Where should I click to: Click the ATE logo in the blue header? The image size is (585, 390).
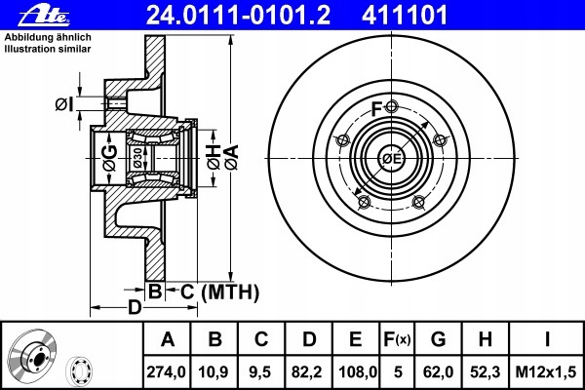(44, 16)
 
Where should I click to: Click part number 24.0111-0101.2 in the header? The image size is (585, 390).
(238, 16)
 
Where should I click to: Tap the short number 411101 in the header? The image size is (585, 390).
(404, 16)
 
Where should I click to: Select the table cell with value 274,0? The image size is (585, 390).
(167, 371)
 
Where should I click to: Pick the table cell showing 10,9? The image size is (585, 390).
(214, 371)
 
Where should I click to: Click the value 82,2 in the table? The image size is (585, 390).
(308, 371)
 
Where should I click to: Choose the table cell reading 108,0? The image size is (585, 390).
(356, 371)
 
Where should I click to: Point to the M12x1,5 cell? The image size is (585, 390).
(545, 371)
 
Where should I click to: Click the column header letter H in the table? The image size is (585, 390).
(485, 339)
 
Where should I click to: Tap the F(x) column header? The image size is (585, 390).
(397, 339)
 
